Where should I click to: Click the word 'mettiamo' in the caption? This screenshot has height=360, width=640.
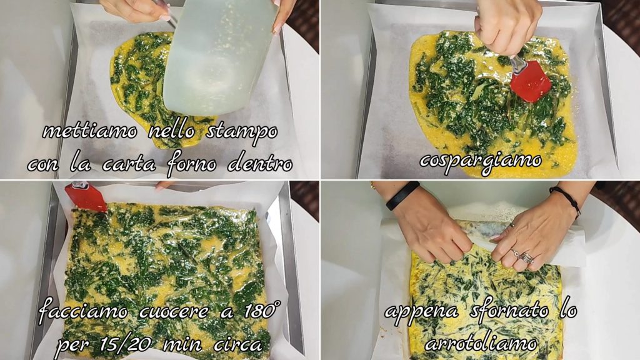pyautogui.click(x=90, y=131)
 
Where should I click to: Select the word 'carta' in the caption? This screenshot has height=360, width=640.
pyautogui.click(x=129, y=164)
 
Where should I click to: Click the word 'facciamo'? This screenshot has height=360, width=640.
pyautogui.click(x=83, y=312)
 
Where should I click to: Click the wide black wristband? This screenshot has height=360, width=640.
pyautogui.click(x=402, y=195)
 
